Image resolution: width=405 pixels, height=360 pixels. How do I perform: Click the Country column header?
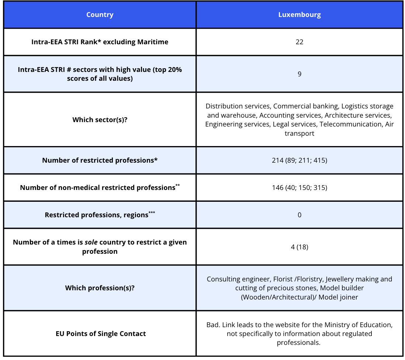click(100, 15)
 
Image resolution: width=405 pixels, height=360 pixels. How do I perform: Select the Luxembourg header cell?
click(299, 15)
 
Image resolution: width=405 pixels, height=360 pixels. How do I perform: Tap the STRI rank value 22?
click(299, 42)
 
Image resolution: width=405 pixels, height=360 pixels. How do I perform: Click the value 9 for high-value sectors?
click(299, 74)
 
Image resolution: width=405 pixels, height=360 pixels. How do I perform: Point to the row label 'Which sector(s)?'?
click(100, 120)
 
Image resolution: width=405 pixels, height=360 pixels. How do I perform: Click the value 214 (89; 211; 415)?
click(299, 160)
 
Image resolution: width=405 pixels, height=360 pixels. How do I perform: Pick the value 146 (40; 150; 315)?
click(299, 187)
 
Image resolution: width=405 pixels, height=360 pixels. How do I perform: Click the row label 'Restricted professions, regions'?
click(96, 215)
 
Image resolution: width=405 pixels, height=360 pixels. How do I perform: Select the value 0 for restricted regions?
click(299, 215)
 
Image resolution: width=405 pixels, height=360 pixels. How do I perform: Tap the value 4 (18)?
click(299, 247)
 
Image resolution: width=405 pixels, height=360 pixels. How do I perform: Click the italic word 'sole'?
click(91, 242)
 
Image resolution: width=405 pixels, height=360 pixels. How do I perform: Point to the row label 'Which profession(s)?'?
click(100, 288)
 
